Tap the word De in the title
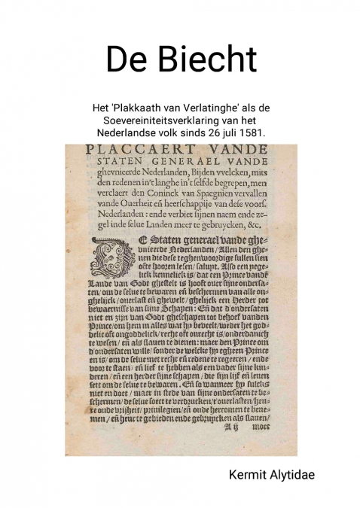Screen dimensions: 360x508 pos(124,59)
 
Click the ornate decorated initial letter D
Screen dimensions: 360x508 pos(112,258)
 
